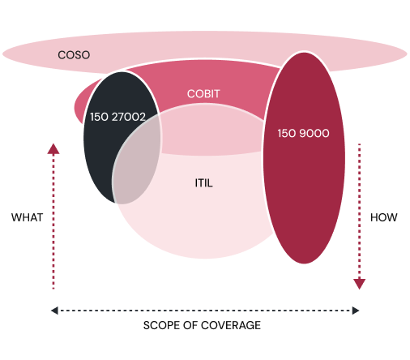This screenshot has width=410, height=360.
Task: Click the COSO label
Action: [74, 55]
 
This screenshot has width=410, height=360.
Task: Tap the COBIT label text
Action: [203, 94]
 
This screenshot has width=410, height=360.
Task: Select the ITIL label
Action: [203, 183]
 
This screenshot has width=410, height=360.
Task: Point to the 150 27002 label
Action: [117, 117]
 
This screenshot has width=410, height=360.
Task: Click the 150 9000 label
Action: [303, 133]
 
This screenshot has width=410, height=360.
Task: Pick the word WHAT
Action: [27, 217]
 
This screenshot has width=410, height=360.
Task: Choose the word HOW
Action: [383, 217]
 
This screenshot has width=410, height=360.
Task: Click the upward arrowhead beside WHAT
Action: [53, 149]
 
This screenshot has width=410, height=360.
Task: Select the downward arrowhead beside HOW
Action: [359, 284]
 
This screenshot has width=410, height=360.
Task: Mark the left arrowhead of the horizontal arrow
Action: [54, 311]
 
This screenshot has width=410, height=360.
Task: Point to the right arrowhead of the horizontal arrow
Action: [356, 311]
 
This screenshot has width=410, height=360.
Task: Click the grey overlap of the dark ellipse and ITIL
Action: [136, 162]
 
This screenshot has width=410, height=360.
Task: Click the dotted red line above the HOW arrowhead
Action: [359, 211]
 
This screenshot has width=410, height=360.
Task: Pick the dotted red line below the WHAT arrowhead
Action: [53, 221]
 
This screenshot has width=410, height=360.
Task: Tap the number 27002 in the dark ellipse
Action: [129, 117]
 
